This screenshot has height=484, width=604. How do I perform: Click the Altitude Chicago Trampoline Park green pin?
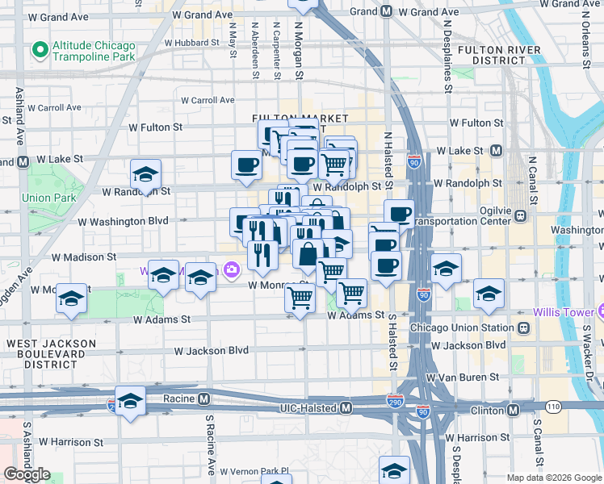(39, 51)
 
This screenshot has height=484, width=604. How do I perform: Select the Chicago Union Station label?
(462, 328)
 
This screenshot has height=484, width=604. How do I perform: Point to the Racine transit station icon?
(203, 398)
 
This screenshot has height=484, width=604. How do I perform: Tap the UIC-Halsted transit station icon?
(345, 408)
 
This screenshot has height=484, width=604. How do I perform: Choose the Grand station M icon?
(386, 12)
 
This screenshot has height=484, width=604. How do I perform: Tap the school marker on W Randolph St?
(145, 175)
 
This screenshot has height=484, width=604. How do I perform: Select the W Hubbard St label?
(191, 42)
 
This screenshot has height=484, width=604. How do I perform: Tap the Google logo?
(27, 474)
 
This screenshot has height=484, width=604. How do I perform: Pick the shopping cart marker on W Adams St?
(300, 299)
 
